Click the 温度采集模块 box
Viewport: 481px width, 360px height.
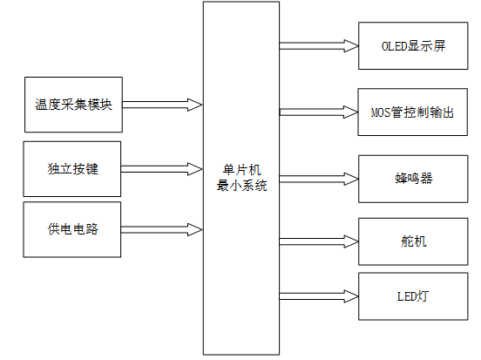[73, 105]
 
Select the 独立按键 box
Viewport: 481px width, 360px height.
[73, 167]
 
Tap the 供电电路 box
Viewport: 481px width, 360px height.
[73, 230]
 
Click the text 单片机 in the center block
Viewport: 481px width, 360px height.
[241, 168]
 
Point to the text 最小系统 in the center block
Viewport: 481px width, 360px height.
[241, 185]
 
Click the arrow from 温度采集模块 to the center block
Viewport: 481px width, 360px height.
[163, 105]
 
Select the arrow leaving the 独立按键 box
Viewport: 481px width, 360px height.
[163, 167]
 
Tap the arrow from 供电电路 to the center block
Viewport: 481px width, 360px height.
[163, 230]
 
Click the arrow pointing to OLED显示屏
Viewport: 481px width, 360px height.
[319, 44]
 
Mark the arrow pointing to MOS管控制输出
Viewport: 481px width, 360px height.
[319, 112]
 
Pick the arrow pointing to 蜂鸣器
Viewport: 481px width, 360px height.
[319, 178]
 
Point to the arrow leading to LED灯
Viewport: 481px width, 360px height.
[319, 296]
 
